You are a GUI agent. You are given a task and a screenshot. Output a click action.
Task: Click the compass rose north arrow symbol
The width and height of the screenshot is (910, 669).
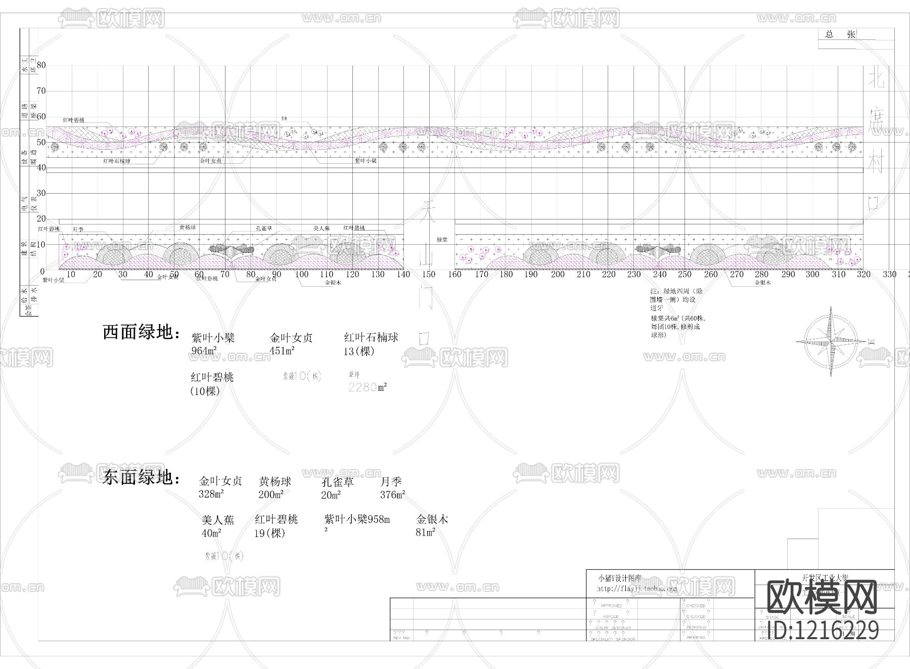[x=831, y=341]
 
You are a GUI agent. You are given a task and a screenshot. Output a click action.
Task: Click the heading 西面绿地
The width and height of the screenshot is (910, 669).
[x=141, y=332]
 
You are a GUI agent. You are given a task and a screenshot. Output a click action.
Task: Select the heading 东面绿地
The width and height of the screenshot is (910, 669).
[x=141, y=477]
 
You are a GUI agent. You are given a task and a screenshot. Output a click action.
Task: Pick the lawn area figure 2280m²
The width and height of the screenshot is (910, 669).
[x=368, y=387]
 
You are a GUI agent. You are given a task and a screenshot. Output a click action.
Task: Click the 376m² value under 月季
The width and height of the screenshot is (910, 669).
[x=393, y=495]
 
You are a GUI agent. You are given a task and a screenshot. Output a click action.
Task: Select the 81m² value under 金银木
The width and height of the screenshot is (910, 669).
[x=426, y=532]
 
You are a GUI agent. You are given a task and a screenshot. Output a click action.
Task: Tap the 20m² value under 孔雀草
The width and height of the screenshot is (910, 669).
[x=331, y=495]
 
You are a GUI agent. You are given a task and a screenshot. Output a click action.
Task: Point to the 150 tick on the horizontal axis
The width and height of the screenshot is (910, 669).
[x=429, y=275]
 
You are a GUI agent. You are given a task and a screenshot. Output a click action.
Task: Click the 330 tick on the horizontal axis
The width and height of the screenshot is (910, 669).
[x=889, y=275]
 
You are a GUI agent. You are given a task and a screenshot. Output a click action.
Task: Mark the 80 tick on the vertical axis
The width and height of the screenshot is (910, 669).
[x=41, y=65]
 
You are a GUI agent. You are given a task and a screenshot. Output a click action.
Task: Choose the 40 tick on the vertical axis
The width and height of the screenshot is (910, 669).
[x=41, y=168]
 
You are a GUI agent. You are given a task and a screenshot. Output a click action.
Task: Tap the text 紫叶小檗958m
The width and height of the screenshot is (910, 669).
[x=357, y=519]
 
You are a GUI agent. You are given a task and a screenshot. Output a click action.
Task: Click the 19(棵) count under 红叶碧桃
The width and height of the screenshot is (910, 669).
[x=270, y=533]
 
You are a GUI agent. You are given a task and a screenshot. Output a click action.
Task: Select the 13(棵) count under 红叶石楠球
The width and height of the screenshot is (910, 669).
[x=359, y=351]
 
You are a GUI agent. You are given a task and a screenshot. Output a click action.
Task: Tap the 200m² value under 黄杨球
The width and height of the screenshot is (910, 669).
[x=271, y=495]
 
